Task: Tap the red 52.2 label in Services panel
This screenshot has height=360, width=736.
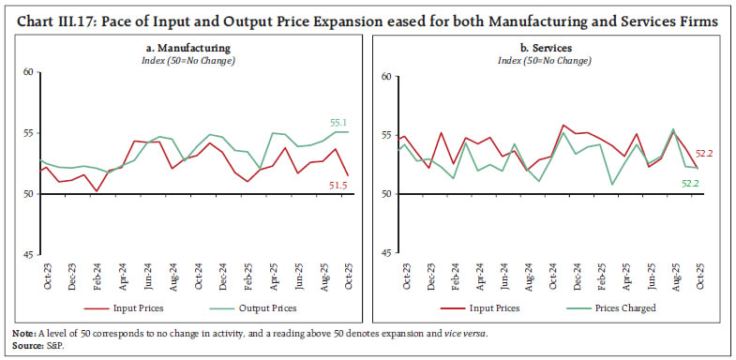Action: click(702, 154)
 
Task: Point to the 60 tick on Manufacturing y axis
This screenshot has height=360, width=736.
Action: click(28, 72)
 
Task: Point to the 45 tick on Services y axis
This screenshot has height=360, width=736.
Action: click(384, 255)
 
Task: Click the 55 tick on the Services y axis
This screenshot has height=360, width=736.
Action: click(384, 134)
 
